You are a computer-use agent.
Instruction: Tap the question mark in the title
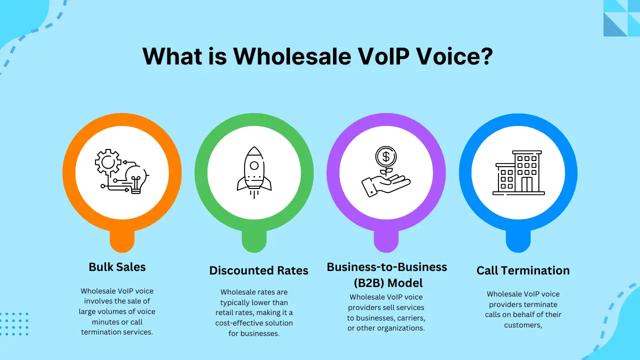pos(485,56)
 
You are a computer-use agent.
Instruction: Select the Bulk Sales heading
pos(117,266)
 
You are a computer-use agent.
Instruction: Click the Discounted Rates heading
pos(258,270)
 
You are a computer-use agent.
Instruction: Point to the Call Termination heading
pos(523,270)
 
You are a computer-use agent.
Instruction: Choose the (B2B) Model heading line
pos(388,283)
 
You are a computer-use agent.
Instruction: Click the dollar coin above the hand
pos(385,157)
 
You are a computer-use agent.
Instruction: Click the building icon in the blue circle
pos(518,172)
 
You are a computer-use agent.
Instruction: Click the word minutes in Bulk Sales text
pos(96,321)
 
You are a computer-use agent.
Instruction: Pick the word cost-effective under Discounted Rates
pos(239,323)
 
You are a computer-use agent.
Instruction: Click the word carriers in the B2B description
pos(411,317)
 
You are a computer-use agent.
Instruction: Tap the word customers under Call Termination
pos(522,324)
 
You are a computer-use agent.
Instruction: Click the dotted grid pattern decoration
pos(14,324)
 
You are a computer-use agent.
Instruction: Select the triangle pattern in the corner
pos(621,18)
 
